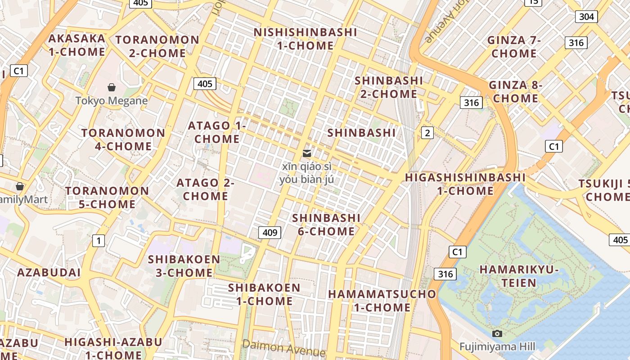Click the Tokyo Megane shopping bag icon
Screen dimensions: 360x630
[112, 87]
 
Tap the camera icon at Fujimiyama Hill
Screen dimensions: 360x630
[497, 333]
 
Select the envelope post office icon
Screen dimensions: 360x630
[307, 153]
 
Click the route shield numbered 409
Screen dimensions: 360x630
[270, 233]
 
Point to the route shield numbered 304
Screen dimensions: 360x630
[586, 17]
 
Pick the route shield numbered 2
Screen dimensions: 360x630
[427, 133]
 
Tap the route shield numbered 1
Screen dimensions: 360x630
[98, 241]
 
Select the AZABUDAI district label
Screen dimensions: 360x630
[49, 272]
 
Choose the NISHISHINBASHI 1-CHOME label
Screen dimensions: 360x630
[306, 39]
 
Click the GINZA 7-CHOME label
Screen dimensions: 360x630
[514, 47]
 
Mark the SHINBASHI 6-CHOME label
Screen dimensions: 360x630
[326, 225]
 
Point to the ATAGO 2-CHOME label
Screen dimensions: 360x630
[205, 189]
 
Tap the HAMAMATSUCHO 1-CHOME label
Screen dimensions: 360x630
[382, 301]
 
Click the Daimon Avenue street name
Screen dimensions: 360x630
[283, 347]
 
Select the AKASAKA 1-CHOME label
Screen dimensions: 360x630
[77, 45]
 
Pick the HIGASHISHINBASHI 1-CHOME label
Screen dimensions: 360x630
[465, 184]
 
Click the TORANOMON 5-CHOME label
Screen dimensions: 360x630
[107, 198]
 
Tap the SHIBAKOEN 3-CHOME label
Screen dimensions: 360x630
[184, 266]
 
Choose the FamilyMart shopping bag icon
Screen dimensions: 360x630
[20, 186]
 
